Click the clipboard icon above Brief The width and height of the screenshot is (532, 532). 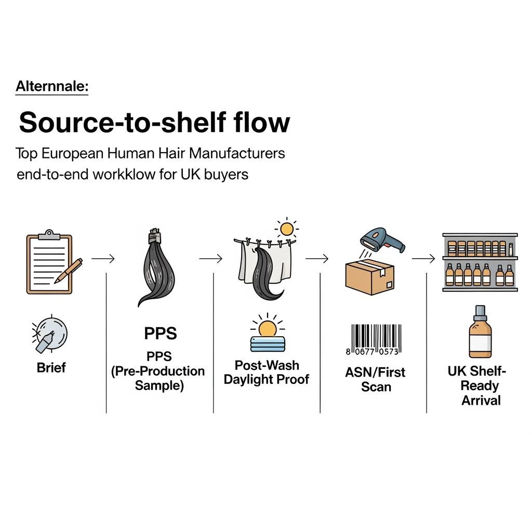49,262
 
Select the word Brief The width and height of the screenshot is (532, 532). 51,368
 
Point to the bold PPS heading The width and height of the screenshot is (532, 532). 161,334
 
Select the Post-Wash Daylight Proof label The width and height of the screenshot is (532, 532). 267,372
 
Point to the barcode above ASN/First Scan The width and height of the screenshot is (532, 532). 374,340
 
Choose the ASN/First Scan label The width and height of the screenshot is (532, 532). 376,379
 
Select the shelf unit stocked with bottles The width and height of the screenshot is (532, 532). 480,262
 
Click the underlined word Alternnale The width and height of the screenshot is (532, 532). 52,86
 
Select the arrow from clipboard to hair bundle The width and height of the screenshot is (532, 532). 103,258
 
